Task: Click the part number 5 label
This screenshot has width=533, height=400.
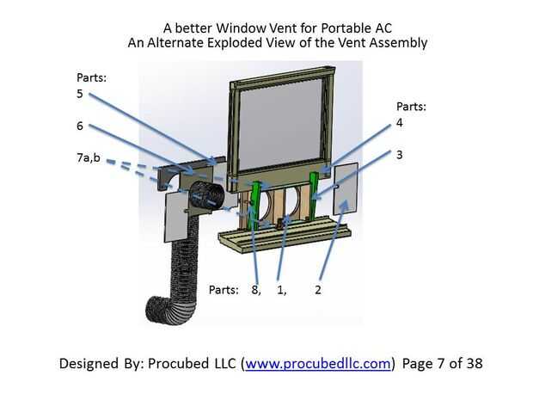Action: click(x=79, y=94)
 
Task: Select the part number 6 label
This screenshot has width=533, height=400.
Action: click(x=79, y=126)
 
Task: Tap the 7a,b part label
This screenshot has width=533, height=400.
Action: click(x=89, y=158)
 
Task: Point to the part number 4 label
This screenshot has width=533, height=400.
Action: click(x=399, y=123)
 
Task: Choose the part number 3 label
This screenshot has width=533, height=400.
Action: click(x=399, y=155)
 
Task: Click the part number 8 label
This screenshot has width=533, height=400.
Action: click(x=255, y=289)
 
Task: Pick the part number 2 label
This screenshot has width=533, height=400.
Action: click(x=318, y=289)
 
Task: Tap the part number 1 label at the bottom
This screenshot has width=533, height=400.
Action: click(x=281, y=289)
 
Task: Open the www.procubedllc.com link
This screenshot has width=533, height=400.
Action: click(x=318, y=363)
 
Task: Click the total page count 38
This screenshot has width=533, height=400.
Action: click(x=474, y=363)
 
